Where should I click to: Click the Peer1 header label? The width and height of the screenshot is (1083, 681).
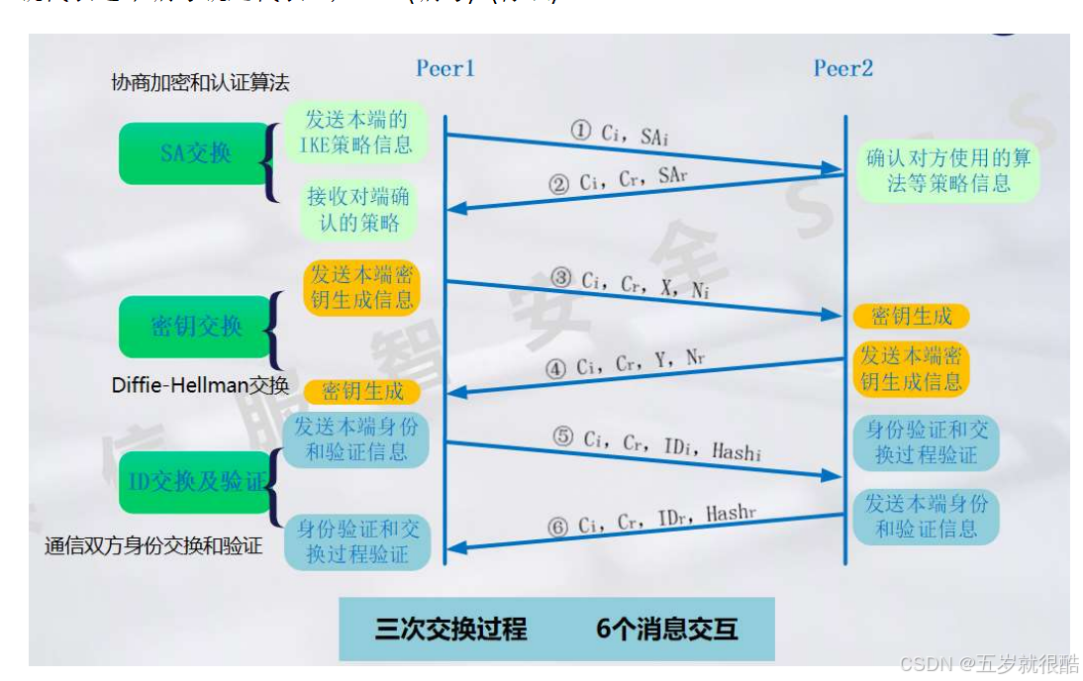point(445,68)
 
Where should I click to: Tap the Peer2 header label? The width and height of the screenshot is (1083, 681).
point(843,68)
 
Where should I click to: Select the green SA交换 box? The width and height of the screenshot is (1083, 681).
point(195,153)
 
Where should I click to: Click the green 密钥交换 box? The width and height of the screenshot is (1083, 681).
point(196,327)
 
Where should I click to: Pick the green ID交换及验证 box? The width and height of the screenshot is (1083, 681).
point(198,482)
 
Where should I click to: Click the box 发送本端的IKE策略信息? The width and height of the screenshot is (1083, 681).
point(355,133)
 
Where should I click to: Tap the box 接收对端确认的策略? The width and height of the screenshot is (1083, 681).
point(357,209)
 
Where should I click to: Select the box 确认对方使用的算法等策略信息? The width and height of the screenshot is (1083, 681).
point(948,170)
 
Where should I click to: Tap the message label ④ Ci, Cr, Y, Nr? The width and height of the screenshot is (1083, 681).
point(626,364)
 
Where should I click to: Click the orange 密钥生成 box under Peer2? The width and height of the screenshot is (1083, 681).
point(911,316)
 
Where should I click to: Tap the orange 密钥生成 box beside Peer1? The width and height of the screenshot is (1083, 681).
point(361,391)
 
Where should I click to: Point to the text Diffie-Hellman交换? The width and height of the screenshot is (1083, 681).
point(200,385)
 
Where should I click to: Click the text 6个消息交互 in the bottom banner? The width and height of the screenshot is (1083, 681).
point(667,630)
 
